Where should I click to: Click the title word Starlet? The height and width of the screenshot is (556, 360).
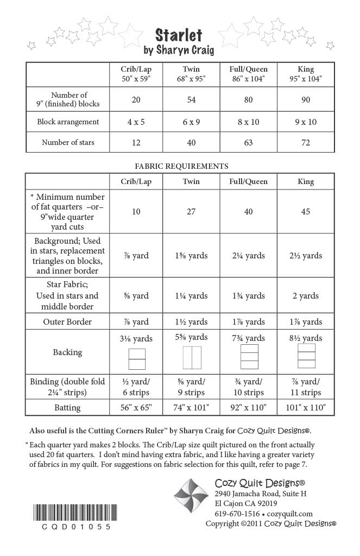[x=179, y=35]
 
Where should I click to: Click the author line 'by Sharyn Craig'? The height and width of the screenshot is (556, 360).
[x=179, y=50]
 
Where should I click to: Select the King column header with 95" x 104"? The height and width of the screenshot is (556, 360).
[x=306, y=74]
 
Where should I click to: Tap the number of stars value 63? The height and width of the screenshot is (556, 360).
[x=248, y=143]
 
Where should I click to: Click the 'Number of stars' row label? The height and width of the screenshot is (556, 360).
[x=68, y=143]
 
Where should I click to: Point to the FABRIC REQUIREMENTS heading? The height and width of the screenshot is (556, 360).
[x=181, y=166]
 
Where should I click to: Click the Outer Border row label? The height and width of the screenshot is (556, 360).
[x=68, y=321]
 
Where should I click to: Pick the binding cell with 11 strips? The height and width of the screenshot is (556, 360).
[x=306, y=387]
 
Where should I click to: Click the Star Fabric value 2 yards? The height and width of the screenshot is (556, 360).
[x=306, y=296]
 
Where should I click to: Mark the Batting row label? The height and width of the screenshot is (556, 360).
[x=68, y=407]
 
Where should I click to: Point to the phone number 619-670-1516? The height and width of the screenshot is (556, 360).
[x=238, y=513]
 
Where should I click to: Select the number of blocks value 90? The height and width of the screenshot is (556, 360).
[x=306, y=99]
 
